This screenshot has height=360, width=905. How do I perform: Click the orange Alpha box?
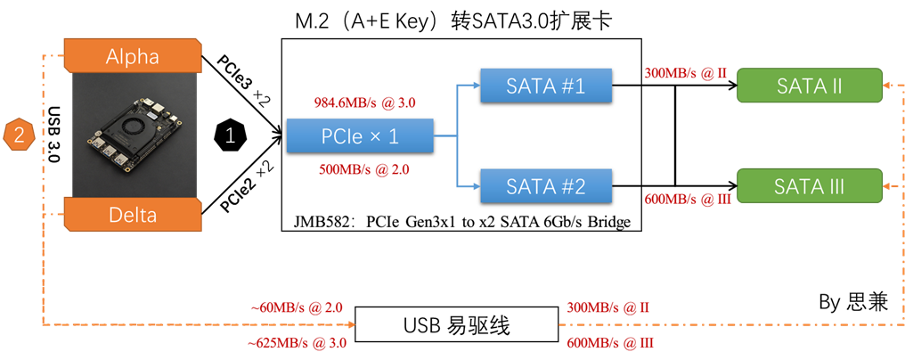pos(133,56)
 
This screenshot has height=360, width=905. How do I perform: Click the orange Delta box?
pos(133,215)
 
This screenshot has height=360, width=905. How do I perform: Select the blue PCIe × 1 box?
pos(360,135)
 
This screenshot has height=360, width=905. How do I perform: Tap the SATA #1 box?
pos(545,86)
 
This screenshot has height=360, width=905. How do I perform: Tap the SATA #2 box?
pos(545,186)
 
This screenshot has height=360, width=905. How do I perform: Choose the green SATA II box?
pos(810,86)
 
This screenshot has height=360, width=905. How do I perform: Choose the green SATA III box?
pos(810,186)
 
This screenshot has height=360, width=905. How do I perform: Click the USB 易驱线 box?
pos(457,326)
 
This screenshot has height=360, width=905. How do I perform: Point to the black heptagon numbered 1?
pos(231,135)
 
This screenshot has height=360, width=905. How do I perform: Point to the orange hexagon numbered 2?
pos(19,135)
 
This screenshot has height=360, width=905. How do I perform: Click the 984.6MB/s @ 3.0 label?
pos(365,102)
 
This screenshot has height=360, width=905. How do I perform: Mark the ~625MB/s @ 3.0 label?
pos(298,343)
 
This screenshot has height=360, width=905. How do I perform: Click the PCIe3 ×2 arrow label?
pos(243,81)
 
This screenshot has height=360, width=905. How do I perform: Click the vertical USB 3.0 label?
pos(53,135)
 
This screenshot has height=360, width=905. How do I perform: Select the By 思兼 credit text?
pos(853,302)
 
